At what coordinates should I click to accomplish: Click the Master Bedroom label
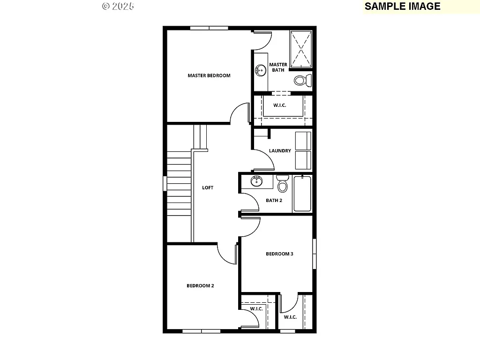209,75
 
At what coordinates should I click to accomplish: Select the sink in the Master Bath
260,71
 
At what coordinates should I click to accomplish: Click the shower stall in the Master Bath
300,49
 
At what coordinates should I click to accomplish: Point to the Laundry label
280,151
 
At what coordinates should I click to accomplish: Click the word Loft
208,188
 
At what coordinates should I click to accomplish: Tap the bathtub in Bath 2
302,194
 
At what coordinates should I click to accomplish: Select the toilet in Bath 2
282,185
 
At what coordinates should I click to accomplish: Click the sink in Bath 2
256,181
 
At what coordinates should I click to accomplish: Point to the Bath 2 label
274,201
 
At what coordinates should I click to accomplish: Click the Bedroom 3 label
279,254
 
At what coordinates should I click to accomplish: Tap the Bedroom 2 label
200,286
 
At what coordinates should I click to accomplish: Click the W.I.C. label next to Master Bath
280,105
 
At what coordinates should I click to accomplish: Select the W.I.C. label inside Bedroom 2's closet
256,309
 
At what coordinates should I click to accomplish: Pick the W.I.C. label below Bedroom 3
290,317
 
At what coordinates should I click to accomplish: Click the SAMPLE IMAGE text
402,6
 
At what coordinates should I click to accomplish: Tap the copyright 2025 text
118,6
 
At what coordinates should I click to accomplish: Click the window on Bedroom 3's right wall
315,254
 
